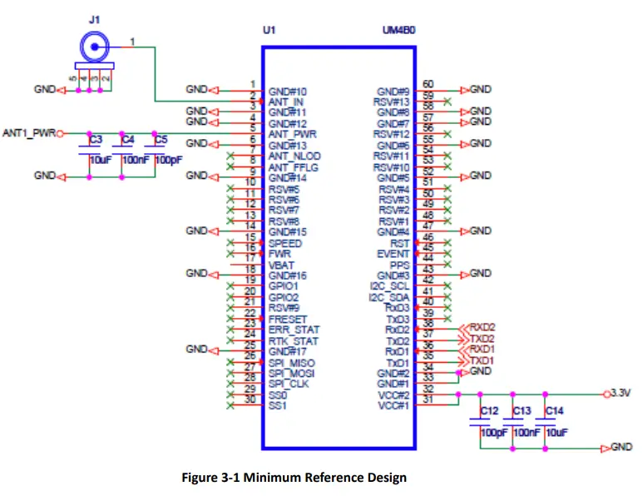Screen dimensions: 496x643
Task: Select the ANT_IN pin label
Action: (288, 102)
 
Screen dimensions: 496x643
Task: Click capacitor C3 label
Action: (96, 139)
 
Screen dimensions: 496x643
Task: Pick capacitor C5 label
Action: (161, 139)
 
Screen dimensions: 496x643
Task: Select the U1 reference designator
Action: (268, 30)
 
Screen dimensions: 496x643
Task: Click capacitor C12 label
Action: (490, 411)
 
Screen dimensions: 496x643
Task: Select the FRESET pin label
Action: (288, 319)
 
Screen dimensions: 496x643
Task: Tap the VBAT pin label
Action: (281, 265)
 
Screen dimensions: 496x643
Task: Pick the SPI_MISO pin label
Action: (292, 363)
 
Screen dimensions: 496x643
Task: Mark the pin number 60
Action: (428, 84)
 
